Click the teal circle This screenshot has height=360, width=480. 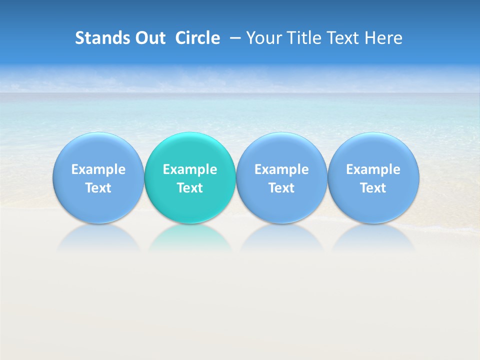[x=190, y=178]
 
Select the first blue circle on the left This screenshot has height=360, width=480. [x=98, y=178]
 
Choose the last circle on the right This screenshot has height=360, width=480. [x=373, y=178]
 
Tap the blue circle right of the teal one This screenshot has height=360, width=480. [x=281, y=178]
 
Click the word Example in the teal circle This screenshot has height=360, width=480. [x=190, y=169]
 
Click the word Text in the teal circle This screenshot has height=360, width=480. [x=190, y=188]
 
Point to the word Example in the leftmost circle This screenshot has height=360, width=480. [x=98, y=169]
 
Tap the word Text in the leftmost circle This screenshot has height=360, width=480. [x=98, y=188]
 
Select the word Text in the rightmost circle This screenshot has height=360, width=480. [x=373, y=188]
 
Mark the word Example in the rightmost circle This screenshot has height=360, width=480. [x=373, y=169]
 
